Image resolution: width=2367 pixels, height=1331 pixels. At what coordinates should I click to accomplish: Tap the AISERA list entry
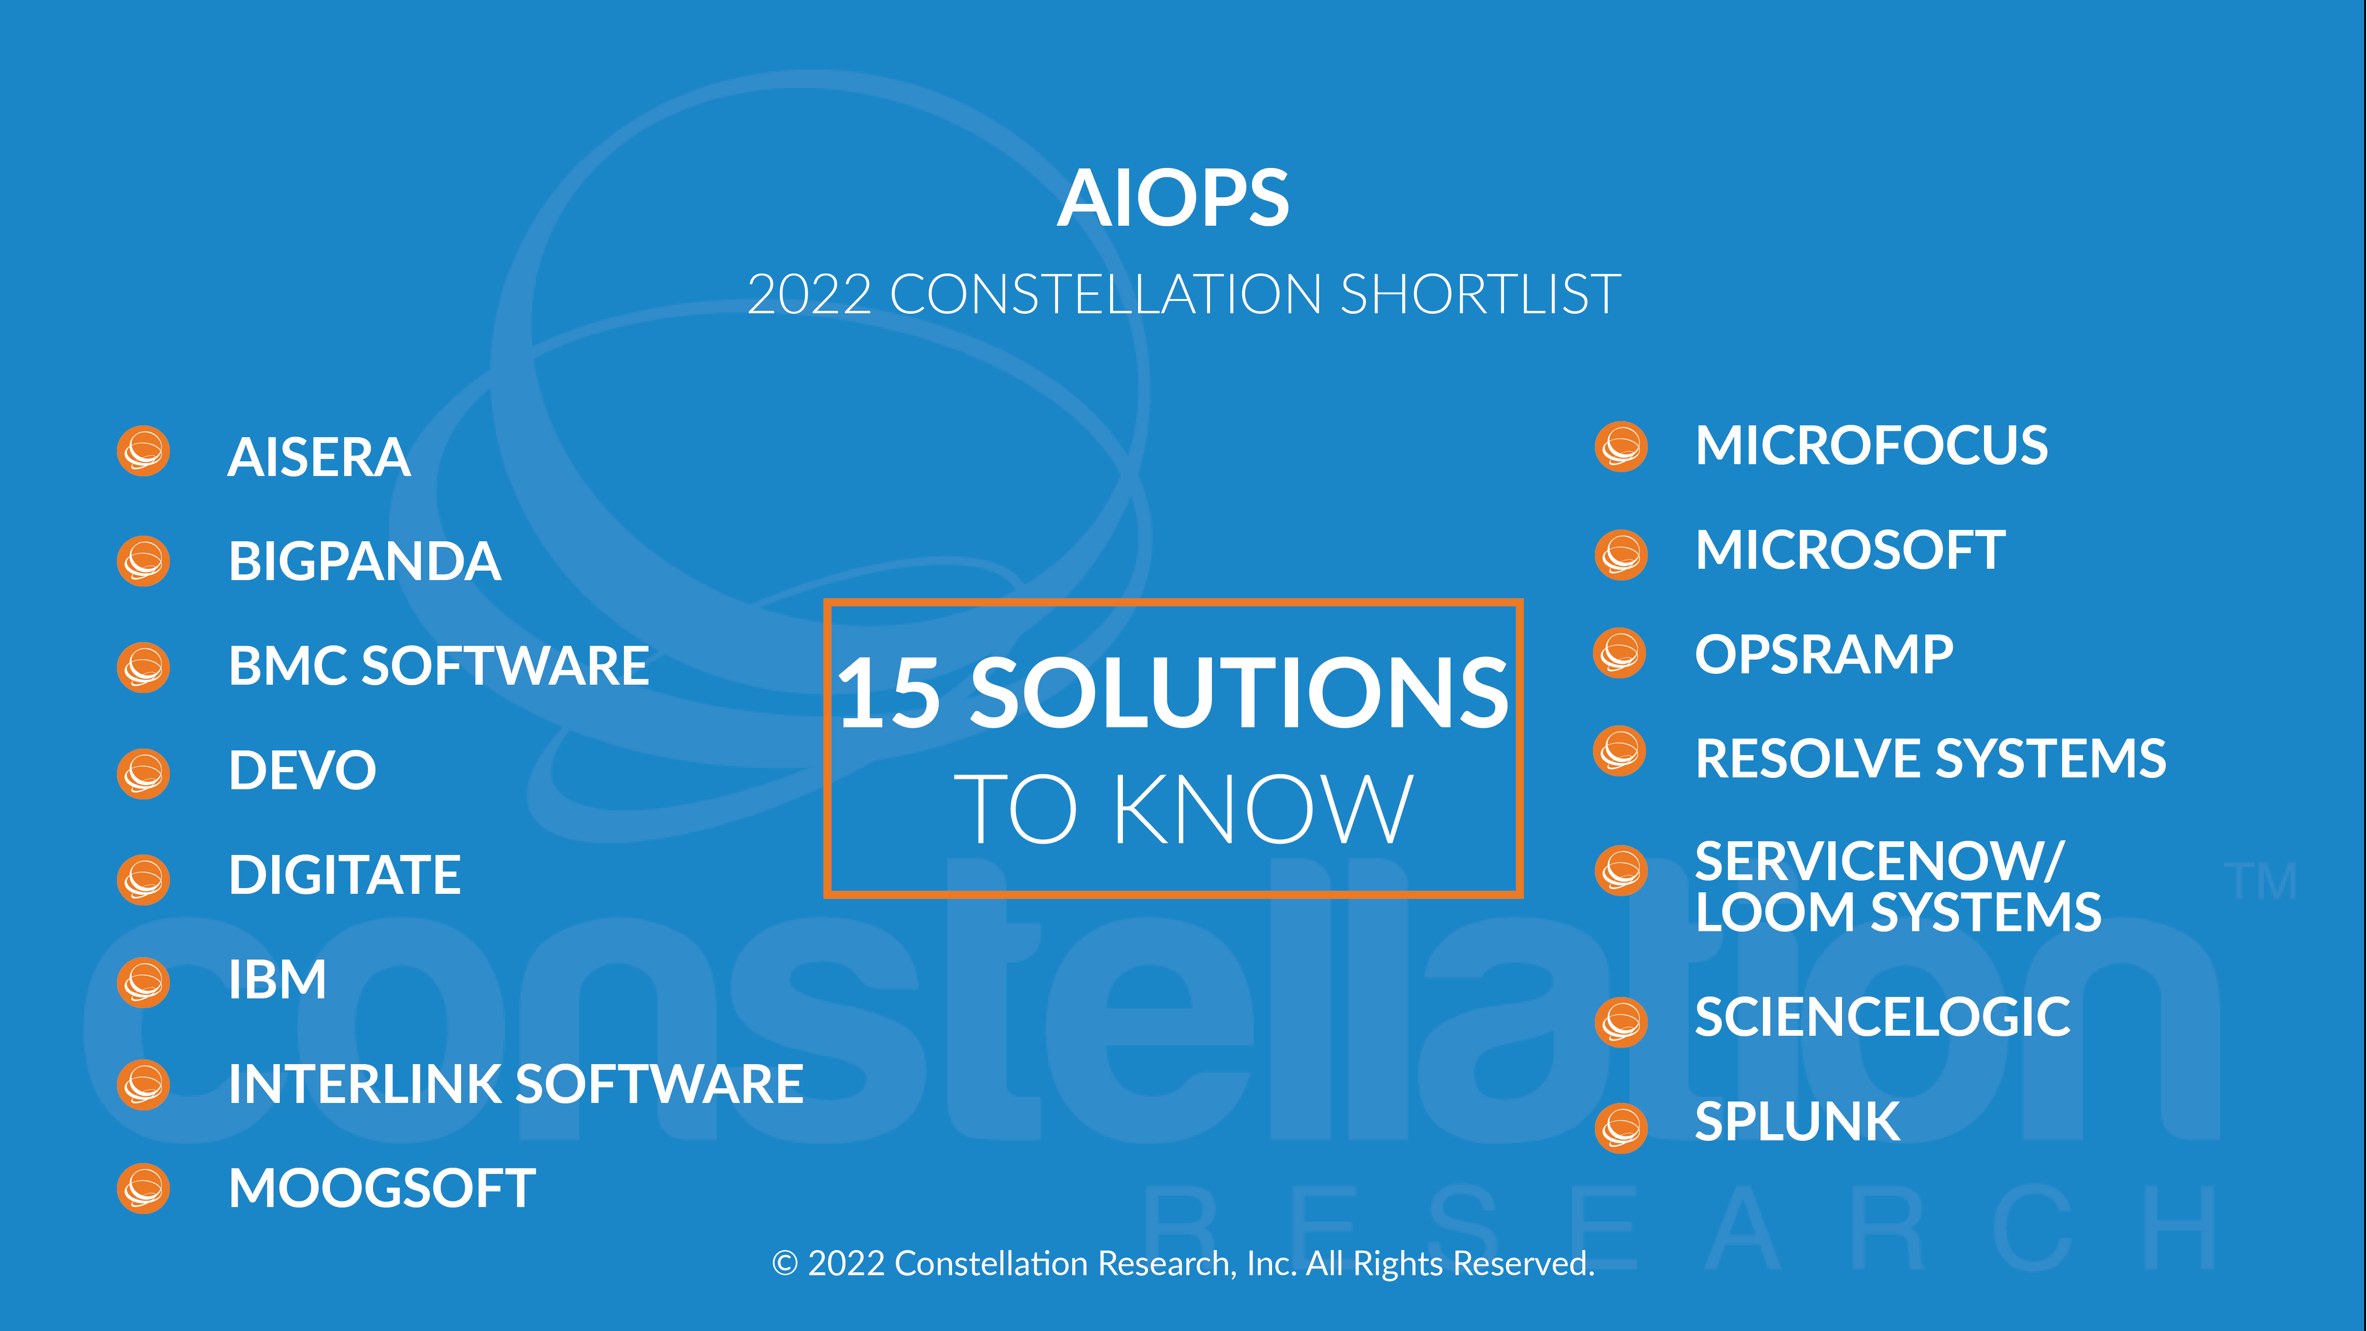click(x=319, y=458)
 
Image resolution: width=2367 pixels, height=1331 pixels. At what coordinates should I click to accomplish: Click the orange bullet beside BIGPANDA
click(x=143, y=560)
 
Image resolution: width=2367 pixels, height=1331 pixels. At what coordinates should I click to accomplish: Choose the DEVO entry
click(x=303, y=770)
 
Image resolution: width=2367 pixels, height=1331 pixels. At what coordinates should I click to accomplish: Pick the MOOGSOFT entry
click(x=382, y=1189)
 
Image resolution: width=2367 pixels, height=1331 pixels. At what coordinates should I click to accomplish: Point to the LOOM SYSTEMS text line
click(x=1898, y=912)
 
